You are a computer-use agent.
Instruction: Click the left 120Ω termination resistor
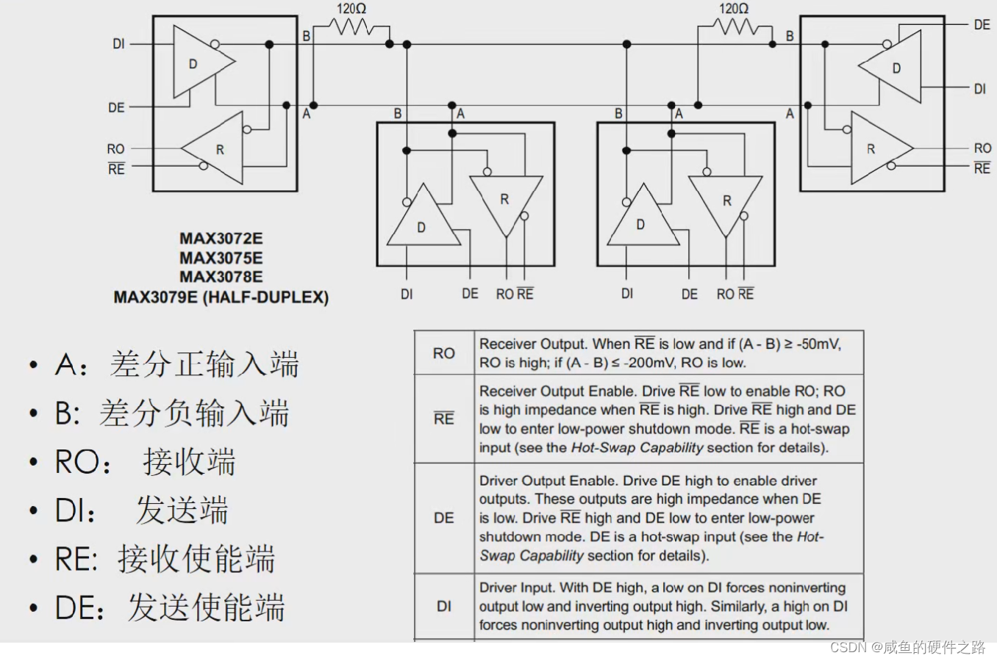(354, 28)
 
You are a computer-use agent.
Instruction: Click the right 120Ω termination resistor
(735, 28)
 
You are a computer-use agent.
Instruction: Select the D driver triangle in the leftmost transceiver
(199, 63)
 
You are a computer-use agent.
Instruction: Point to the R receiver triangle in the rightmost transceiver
(876, 149)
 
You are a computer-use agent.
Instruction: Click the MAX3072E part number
(221, 239)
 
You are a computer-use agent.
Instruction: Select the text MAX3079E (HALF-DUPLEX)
(221, 297)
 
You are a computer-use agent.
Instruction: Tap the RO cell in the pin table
(443, 353)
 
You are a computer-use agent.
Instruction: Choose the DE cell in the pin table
(443, 518)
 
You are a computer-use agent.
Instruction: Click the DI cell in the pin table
(443, 607)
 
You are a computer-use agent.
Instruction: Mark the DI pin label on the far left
(118, 44)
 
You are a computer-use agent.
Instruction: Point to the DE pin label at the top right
(982, 25)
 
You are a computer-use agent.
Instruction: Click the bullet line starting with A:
(176, 364)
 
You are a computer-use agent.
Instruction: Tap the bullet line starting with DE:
(169, 608)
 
